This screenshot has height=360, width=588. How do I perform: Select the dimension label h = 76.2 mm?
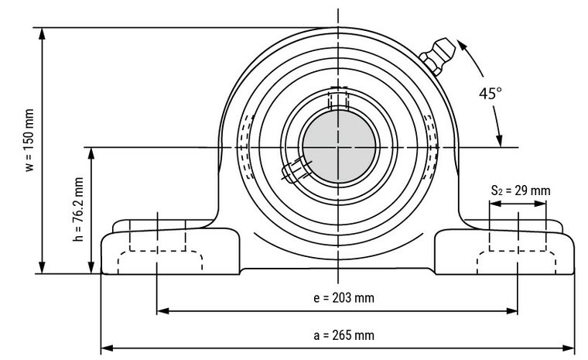coord(78,211)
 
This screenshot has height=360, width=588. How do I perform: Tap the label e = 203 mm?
coord(337,298)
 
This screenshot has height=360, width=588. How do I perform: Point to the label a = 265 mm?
coord(337,335)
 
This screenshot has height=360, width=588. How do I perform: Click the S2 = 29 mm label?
coord(520,190)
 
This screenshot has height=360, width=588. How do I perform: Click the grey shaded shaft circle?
coord(339,146)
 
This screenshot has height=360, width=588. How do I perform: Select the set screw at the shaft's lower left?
coord(295,168)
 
